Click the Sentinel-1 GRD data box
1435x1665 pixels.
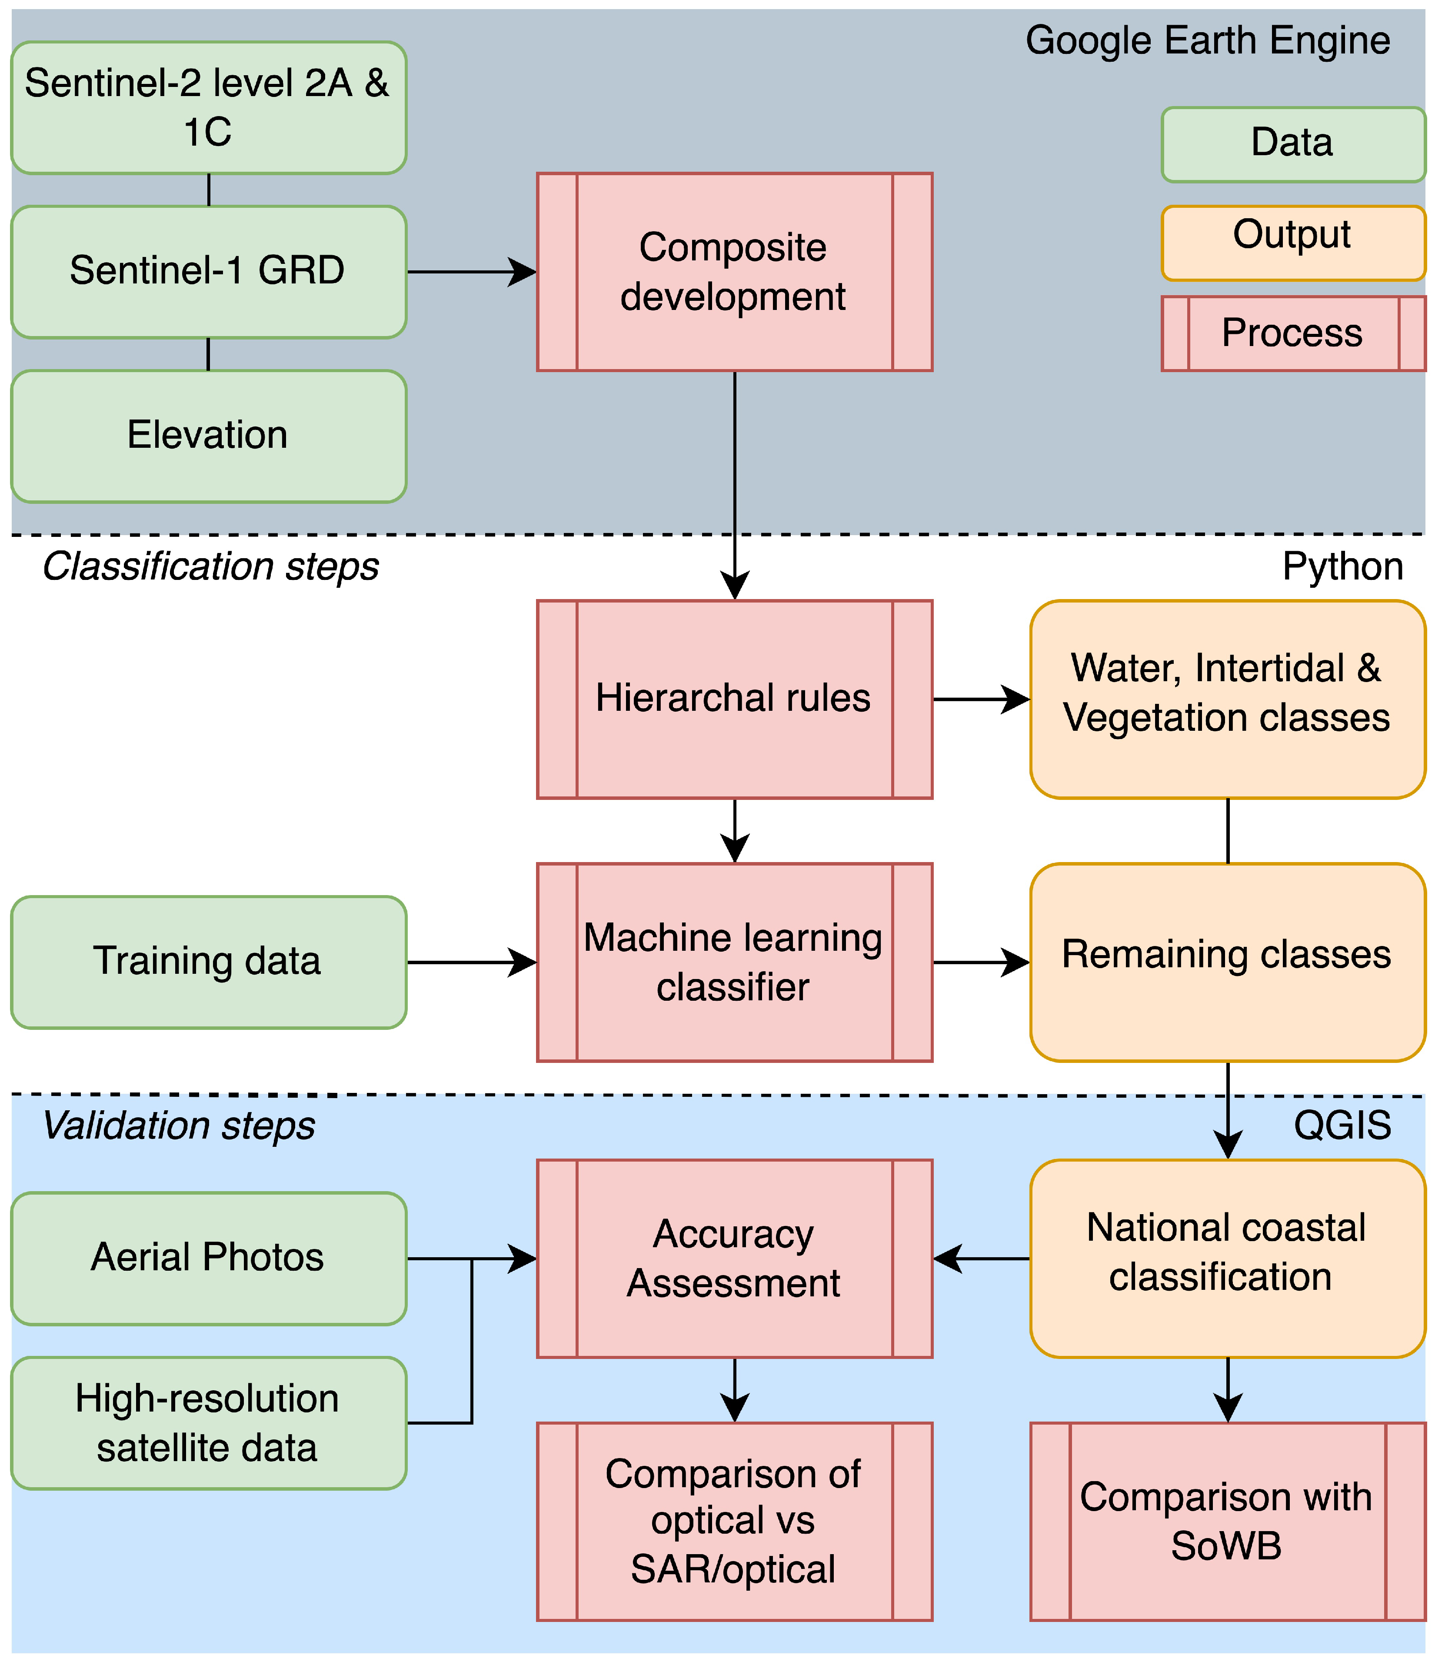[208, 272]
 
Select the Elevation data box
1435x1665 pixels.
[208, 436]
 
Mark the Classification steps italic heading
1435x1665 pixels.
[210, 566]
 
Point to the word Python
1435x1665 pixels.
[1342, 566]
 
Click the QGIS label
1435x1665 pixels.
[1342, 1125]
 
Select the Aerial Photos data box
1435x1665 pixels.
[208, 1258]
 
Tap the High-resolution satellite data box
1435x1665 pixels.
[208, 1422]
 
